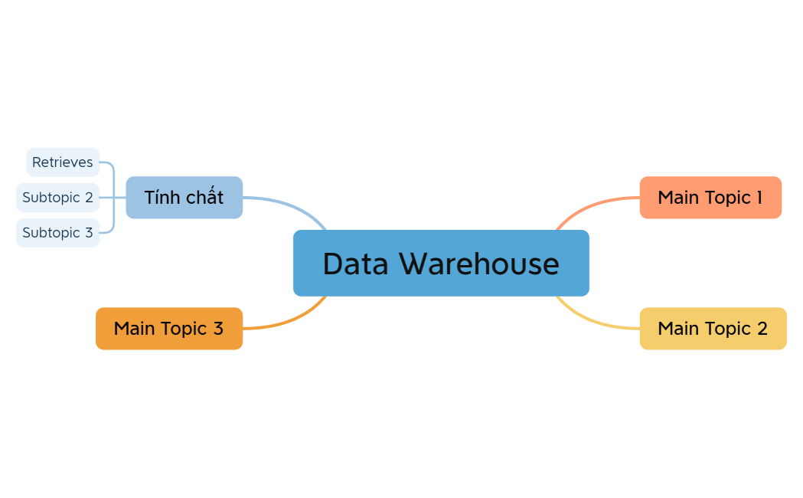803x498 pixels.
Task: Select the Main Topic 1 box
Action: pos(710,198)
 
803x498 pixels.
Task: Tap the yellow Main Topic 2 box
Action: pos(713,329)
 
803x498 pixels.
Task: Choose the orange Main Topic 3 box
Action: pos(168,329)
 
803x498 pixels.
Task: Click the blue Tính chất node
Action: pos(184,198)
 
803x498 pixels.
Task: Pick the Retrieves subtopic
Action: pos(62,162)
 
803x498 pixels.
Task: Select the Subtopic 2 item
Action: pos(57,198)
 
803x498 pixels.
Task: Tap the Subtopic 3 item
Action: pos(57,232)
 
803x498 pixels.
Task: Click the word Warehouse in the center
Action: pos(479,264)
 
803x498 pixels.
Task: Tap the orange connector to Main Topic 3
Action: pos(291,320)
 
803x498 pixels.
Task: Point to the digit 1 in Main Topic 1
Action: pos(759,198)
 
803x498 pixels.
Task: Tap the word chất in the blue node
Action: pos(204,198)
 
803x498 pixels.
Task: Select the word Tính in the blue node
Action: pos(161,198)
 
